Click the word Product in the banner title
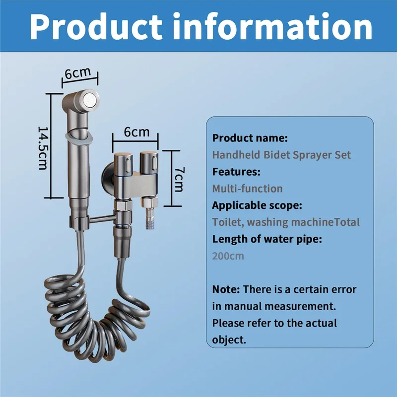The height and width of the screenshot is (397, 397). tap(96, 27)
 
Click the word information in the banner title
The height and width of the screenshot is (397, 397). tap(272, 26)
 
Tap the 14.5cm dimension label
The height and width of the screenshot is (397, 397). tap(43, 148)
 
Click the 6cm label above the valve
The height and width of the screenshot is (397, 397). tap(137, 132)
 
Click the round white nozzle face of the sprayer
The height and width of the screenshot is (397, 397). tap(90, 99)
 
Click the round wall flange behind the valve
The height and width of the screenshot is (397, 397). tap(108, 178)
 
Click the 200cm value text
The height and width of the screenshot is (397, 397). tap(228, 256)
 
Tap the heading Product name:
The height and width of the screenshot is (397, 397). tap(250, 138)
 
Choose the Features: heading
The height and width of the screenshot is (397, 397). tap(236, 172)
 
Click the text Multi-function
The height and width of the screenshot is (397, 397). tap(247, 189)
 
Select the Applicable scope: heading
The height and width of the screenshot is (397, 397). tap(257, 205)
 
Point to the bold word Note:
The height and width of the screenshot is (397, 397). tap(226, 289)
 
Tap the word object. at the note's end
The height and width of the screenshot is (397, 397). tap(229, 340)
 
